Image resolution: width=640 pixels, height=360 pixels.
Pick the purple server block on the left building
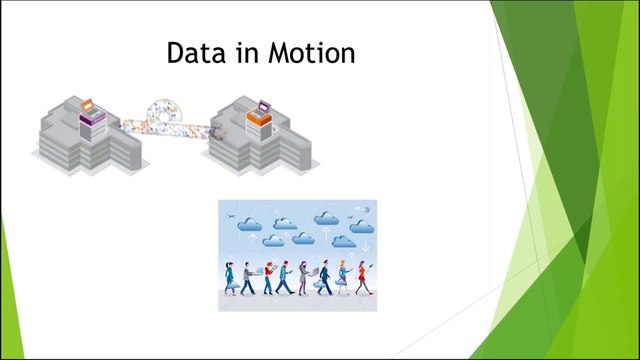point(93,124)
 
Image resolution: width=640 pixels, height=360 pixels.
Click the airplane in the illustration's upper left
point(232,214)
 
